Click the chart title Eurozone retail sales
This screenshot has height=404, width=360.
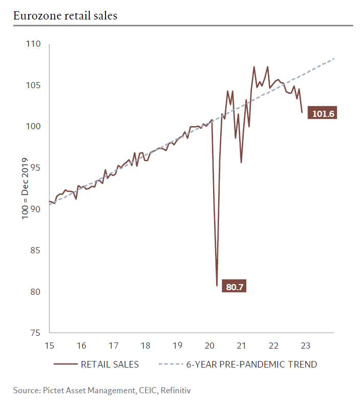[65, 15]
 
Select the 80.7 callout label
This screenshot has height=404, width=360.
[234, 287]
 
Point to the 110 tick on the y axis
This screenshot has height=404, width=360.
[33, 44]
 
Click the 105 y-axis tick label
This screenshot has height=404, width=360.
[33, 85]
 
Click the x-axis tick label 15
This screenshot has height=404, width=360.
[50, 345]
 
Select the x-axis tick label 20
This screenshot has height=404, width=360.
[209, 345]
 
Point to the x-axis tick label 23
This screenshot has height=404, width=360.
[305, 345]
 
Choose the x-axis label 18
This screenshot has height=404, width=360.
[145, 345]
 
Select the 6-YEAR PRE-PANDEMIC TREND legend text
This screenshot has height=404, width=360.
[251, 365]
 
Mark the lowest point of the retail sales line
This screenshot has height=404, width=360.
[217, 285]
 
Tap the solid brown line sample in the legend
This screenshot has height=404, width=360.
[65, 365]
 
